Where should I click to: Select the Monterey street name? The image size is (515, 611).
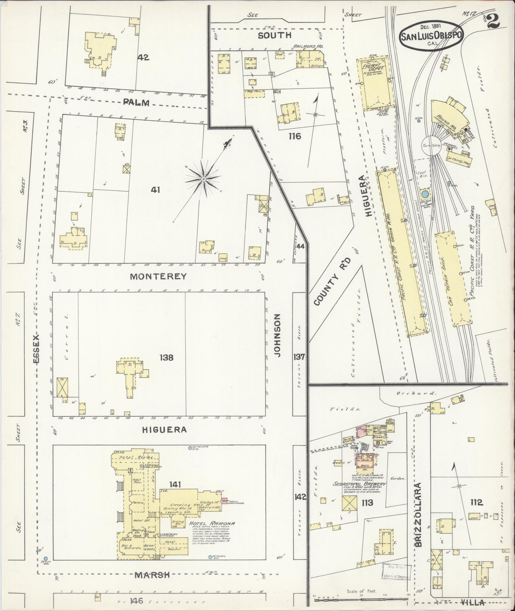pos(158,277)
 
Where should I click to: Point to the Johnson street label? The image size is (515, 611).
pos(277,335)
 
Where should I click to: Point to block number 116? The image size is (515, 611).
pos(294,136)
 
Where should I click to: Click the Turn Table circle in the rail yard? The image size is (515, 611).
pos(431,145)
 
